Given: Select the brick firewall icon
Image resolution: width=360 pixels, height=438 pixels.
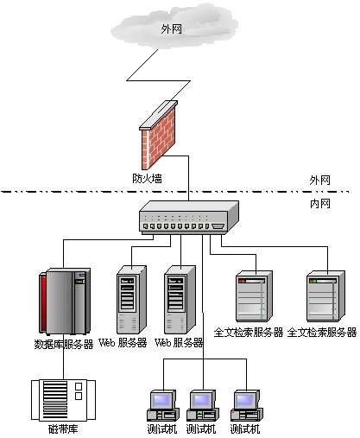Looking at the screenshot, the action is pos(158,136).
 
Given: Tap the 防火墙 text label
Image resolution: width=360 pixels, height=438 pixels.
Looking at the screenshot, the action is pos(147,179).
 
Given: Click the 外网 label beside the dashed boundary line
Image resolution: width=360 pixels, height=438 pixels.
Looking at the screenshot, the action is pos(319,181).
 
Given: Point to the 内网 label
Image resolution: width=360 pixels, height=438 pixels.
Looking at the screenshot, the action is pos(320,204).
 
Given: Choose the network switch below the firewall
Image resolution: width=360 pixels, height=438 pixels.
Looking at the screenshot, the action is pos(189,218).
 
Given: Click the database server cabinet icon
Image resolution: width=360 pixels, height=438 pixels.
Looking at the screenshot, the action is pos(65,302).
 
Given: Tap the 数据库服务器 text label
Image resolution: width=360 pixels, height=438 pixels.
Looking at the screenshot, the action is pos(64,345).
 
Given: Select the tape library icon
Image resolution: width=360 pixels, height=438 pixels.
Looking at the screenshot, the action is pos(63,400).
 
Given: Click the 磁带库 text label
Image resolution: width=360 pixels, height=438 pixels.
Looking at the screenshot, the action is pos(63,429).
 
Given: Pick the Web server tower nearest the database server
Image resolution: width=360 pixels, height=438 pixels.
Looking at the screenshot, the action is pos(131,300).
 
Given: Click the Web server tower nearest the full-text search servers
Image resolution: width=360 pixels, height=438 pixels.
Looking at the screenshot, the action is pos(180,300).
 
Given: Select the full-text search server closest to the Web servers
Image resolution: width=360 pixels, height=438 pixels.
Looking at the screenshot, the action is pos(254,296).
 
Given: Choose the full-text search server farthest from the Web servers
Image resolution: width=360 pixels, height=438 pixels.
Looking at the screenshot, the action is pos(325,296).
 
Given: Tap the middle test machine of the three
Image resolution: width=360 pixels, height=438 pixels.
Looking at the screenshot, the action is pos(203,405).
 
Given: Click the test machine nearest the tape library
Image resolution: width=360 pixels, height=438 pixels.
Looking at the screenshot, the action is pos(163,405).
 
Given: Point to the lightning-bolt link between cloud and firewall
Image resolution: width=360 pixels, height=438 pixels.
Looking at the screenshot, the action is pos(159,80).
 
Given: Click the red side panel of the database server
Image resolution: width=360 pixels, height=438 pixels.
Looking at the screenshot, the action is pos(43,303).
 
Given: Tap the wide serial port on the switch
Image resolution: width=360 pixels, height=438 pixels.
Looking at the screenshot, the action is pos(218,226).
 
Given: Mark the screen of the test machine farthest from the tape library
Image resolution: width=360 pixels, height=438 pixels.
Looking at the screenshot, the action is pos(245,400).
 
